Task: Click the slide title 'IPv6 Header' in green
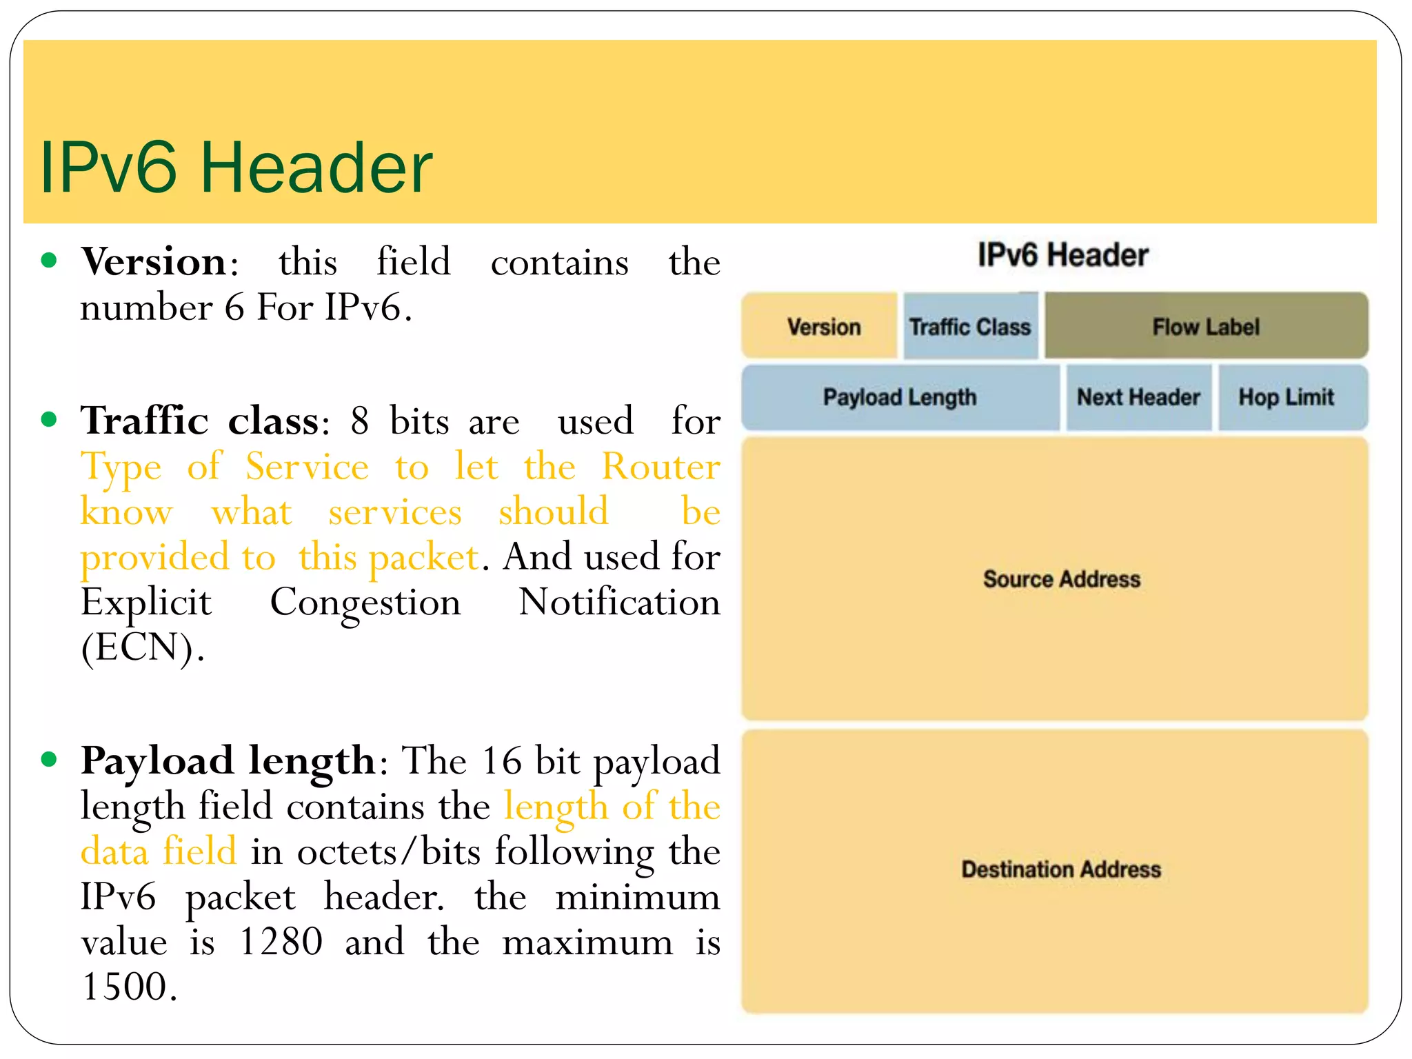tap(236, 168)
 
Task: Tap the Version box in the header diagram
tap(820, 326)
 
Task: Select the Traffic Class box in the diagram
tap(970, 326)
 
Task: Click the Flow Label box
tap(1206, 326)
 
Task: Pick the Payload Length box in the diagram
tap(900, 398)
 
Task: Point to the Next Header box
tap(1138, 398)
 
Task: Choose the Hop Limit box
tap(1286, 398)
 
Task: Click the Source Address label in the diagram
tap(1061, 579)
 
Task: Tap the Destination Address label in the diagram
tap(1061, 869)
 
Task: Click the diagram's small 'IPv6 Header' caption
tap(1062, 255)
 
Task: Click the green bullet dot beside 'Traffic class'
tap(49, 419)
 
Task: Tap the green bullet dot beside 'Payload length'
tap(49, 759)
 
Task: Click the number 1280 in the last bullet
tap(281, 942)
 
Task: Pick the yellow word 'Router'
tap(660, 467)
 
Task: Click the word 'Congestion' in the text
tap(365, 603)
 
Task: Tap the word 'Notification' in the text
tap(618, 603)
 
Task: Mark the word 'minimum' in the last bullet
tap(637, 898)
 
